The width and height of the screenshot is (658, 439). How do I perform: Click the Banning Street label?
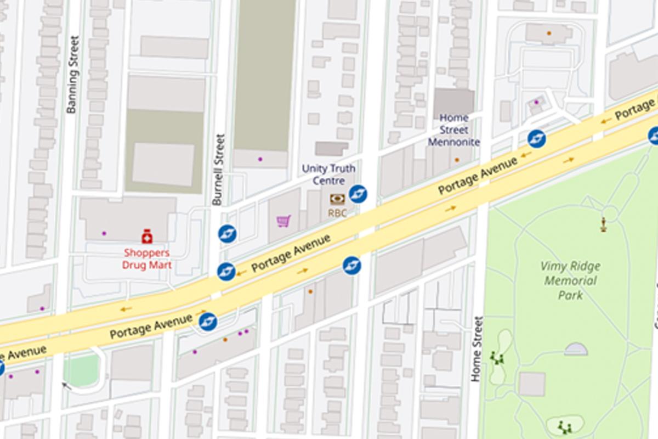point(72,75)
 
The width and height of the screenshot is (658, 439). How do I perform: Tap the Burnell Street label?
point(218,170)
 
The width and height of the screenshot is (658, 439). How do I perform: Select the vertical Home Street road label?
point(477,349)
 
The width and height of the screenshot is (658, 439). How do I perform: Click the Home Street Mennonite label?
point(453,130)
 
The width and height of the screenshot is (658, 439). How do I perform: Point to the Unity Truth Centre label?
point(329,175)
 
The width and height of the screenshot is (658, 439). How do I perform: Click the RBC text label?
point(337,213)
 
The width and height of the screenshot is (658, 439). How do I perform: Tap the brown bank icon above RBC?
point(337,199)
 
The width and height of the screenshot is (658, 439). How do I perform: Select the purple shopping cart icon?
point(283,221)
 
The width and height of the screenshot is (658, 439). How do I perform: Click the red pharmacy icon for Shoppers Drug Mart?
point(146,237)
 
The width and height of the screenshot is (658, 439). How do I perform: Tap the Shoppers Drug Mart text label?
point(147,259)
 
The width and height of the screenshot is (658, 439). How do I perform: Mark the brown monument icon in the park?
point(603,223)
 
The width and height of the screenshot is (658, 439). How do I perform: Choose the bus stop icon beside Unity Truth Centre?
point(358,193)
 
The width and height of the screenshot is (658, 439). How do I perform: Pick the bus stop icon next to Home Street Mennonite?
point(536,139)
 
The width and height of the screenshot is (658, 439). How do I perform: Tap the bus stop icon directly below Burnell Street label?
point(226,234)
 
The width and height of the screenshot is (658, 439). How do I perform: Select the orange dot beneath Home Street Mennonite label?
point(457,160)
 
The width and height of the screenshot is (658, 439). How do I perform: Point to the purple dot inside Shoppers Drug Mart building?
point(104,233)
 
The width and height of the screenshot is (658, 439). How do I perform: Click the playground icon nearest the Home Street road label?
point(498,358)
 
